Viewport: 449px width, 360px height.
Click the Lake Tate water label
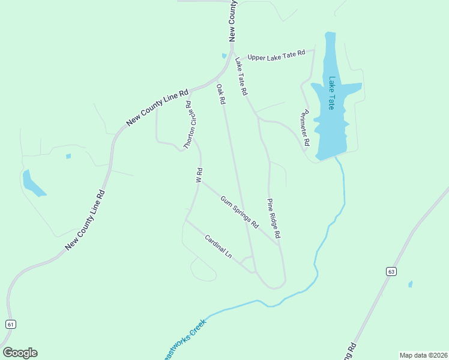[331, 92]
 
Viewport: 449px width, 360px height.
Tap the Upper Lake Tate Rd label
[276, 55]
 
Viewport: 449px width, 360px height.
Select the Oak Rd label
[220, 95]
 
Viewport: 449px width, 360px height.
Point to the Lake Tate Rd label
[241, 77]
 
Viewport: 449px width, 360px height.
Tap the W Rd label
[198, 175]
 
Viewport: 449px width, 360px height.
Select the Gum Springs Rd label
[239, 212]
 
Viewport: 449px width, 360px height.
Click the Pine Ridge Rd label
[274, 220]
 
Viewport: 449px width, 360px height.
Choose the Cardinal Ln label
[218, 246]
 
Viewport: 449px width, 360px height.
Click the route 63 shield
[391, 272]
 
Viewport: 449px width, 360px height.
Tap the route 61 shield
[10, 324]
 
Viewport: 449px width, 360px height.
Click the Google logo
[20, 353]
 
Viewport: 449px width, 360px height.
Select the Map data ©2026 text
[423, 355]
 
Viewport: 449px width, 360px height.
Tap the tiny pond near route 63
[410, 284]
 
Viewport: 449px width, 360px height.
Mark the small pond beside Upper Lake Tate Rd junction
[224, 56]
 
